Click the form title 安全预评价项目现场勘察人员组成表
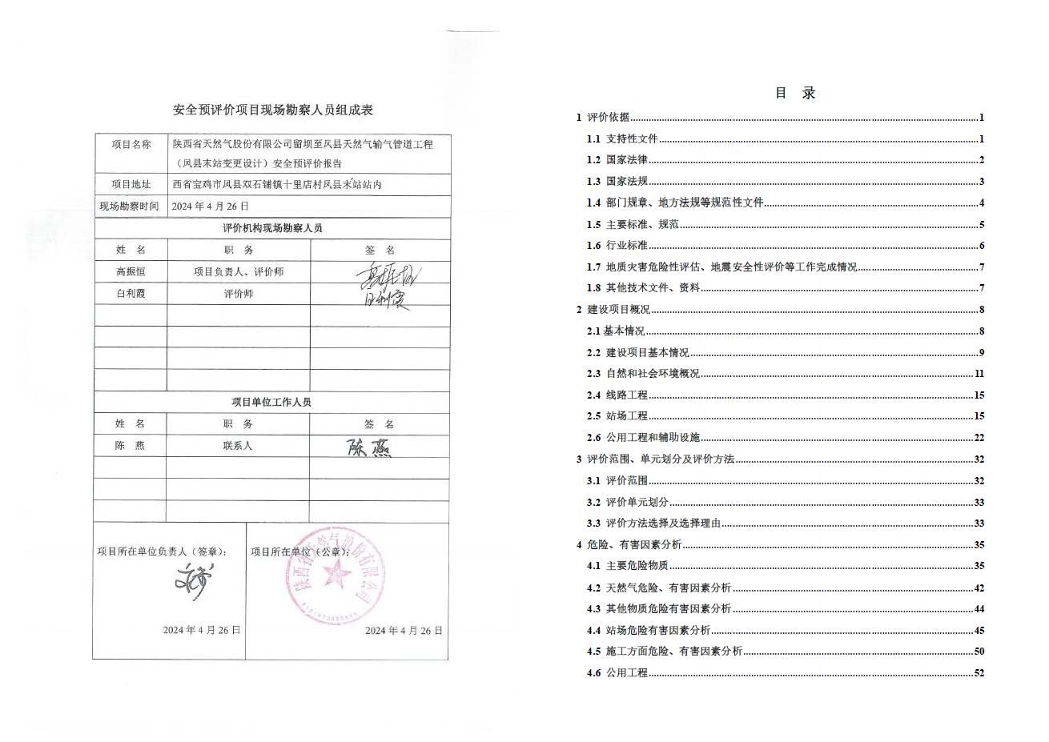coord(273,110)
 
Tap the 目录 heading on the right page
coord(794,93)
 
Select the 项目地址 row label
coord(131,184)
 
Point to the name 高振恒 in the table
coord(131,272)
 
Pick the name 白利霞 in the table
coord(131,294)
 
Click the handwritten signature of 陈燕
coord(369,447)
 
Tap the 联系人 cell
coord(238,446)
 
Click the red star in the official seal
coord(337,573)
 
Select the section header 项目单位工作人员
coord(271,402)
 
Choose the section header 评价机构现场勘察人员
coord(272,228)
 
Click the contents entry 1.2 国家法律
coord(617,160)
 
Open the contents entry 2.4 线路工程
coord(617,395)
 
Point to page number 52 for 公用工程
coord(979,673)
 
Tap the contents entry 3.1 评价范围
coord(617,481)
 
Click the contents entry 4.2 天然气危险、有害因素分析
coord(659,588)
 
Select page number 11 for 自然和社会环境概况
coord(979,374)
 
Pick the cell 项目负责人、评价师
coord(239,272)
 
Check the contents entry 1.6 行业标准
coord(617,246)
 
